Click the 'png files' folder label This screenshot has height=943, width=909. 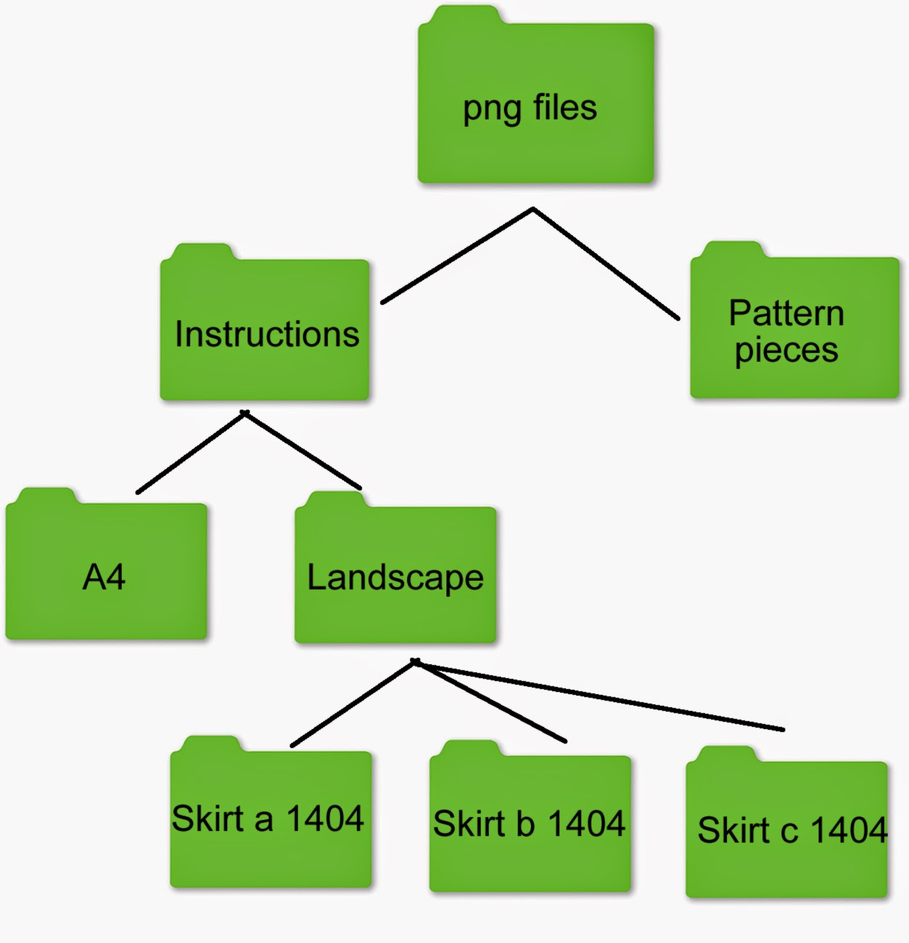[530, 108]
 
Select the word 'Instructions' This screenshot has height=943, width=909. [267, 334]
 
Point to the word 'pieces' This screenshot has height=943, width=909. [787, 351]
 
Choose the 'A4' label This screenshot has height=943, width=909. [104, 577]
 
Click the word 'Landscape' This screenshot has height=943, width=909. [396, 578]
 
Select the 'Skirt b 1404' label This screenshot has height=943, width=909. [529, 823]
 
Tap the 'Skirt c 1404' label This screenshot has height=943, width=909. [792, 829]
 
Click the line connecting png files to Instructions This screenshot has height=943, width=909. [457, 256]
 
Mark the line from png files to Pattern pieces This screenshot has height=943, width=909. [606, 263]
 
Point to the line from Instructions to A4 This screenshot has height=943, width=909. [191, 452]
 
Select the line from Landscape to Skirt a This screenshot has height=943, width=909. [353, 703]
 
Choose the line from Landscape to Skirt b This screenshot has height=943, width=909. [490, 700]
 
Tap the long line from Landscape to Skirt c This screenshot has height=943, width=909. [599, 695]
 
